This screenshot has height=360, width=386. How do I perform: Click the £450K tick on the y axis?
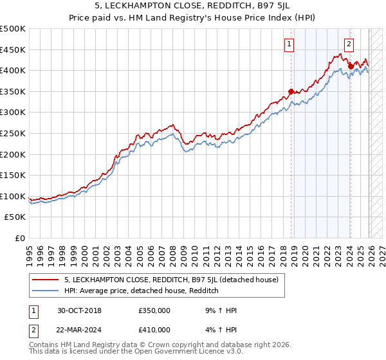(13, 50)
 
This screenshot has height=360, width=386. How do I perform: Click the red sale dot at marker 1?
(291, 91)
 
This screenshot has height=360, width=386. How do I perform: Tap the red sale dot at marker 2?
(351, 66)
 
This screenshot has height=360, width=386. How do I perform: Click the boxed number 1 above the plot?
(289, 44)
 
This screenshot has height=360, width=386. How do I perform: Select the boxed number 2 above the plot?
(349, 44)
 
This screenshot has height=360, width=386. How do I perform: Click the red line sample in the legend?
(46, 280)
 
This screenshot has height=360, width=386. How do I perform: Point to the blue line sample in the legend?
(46, 291)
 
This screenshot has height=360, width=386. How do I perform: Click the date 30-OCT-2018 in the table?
(79, 310)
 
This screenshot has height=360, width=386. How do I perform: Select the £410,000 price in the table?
(154, 330)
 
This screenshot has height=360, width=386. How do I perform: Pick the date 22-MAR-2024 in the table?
(80, 330)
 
